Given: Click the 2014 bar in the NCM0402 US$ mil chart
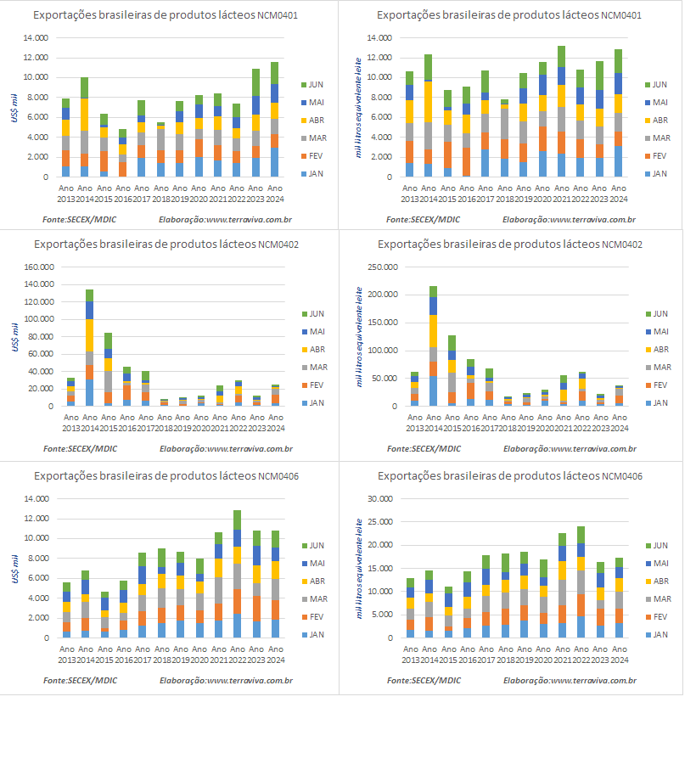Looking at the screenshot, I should click(x=89, y=348).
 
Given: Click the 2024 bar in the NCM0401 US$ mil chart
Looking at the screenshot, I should click(x=274, y=120).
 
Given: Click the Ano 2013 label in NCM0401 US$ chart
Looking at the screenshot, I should click(x=66, y=191).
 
